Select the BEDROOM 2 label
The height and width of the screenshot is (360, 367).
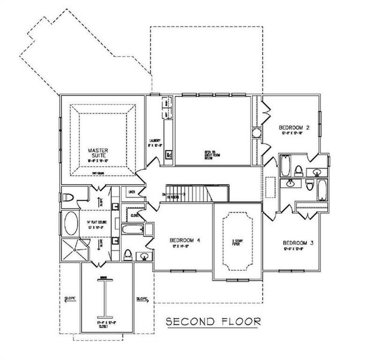click(294, 128)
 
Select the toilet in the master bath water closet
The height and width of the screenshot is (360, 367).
click(68, 196)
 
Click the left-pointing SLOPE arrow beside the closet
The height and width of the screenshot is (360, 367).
click(70, 298)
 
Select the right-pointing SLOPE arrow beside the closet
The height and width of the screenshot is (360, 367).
click(142, 298)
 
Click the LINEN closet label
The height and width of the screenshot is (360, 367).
click(132, 191)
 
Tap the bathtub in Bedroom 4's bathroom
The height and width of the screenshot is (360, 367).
click(132, 229)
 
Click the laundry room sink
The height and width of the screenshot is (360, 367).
click(169, 153)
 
